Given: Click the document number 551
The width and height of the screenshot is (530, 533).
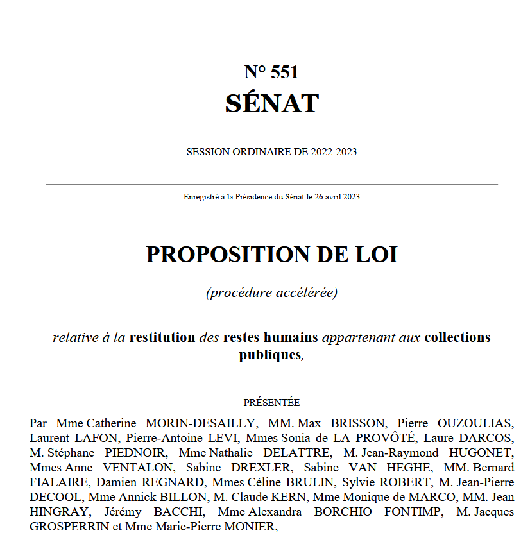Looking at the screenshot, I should pos(285,72).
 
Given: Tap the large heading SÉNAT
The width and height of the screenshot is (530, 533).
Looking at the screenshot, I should pos(272,103).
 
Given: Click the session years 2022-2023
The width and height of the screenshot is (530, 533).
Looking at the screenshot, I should pos(334,152).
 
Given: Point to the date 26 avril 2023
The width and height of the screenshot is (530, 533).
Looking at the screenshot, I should pos(337,197).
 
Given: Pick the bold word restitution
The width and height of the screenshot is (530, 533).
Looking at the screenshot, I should pos(162,337).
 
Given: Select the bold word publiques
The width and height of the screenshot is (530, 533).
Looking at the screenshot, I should pos(269,354).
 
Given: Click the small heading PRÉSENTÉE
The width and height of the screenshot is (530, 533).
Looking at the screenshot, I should pos(271,403).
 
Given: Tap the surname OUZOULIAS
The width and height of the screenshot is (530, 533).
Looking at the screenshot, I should pos(475,423).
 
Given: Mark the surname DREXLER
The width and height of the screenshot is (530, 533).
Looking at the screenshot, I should pos(264,468).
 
